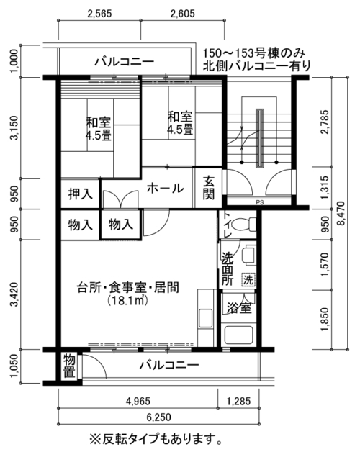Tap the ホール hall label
pyautogui.click(x=165, y=189)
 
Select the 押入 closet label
pyautogui.click(x=81, y=194)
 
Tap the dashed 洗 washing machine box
pyautogui.click(x=248, y=279)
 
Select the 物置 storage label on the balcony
pyautogui.click(x=70, y=366)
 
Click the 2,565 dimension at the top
pyautogui.click(x=99, y=14)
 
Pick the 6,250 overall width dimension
pyautogui.click(x=158, y=417)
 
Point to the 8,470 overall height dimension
pyautogui.click(x=341, y=213)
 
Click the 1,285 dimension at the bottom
pyautogui.click(x=238, y=401)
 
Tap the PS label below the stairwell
pyautogui.click(x=260, y=203)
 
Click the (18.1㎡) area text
pyautogui.click(x=127, y=301)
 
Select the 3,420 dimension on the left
pyautogui.click(x=14, y=294)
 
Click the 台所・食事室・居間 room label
pyautogui.click(x=127, y=288)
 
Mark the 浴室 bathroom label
pyautogui.click(x=239, y=308)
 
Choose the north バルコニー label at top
pyautogui.click(x=125, y=61)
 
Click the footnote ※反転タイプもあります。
pyautogui.click(x=156, y=439)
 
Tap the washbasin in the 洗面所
pyautogui.click(x=248, y=255)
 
